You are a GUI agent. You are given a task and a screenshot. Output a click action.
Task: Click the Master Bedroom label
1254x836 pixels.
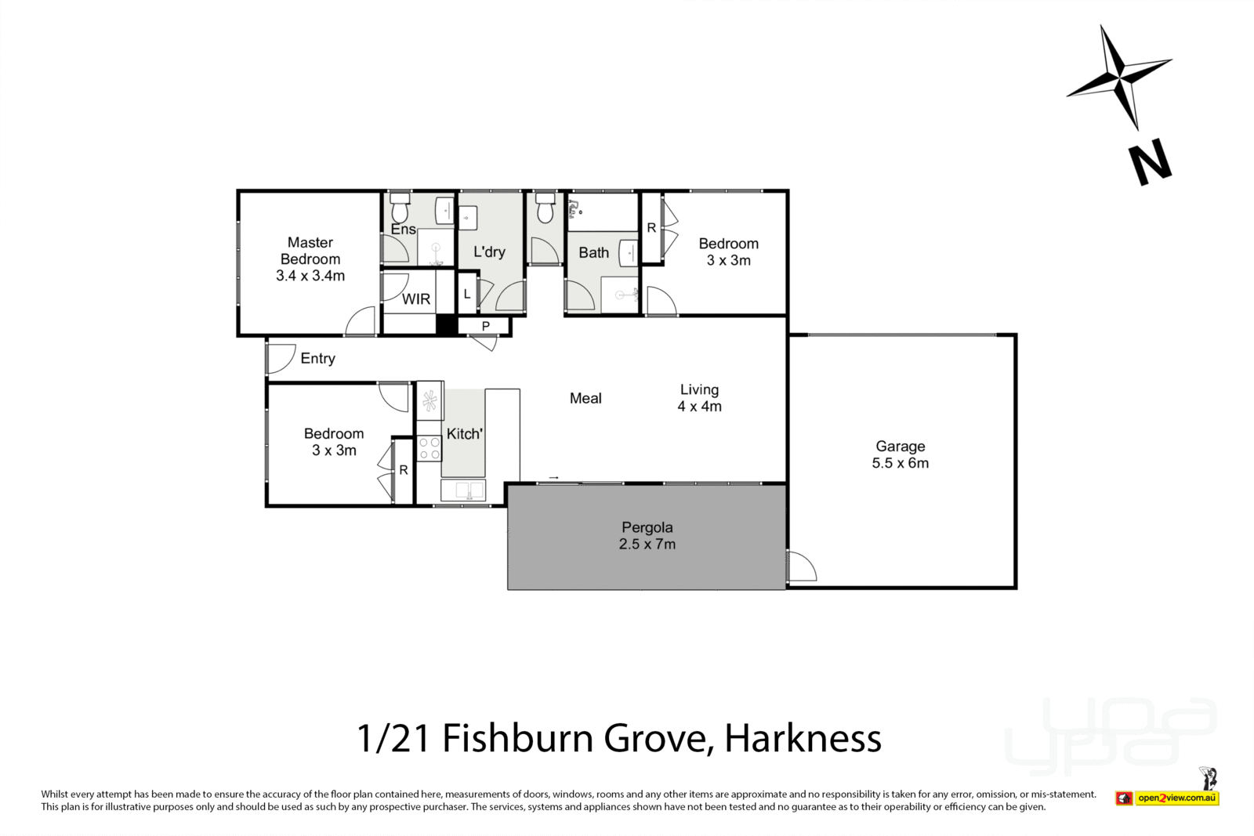coord(310,252)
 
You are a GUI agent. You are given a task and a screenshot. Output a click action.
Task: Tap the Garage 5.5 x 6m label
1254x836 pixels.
coord(900,454)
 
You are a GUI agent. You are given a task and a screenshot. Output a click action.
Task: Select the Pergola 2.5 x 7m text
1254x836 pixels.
coord(647,536)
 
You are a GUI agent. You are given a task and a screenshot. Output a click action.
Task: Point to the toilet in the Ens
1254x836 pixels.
coord(400,209)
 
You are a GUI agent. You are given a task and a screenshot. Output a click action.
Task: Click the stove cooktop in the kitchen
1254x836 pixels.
coord(429,448)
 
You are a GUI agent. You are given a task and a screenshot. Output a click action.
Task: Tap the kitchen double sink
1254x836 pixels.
coord(463,490)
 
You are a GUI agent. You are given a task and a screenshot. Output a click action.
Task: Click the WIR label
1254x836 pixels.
coord(416,299)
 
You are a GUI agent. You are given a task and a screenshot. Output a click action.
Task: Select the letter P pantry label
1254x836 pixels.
coord(485,326)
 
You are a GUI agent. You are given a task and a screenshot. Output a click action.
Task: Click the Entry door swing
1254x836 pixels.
coord(277,359)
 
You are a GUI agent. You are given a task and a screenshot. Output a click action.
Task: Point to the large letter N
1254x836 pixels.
coord(1150,162)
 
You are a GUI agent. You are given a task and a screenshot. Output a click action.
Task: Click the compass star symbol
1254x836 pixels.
coord(1119,77)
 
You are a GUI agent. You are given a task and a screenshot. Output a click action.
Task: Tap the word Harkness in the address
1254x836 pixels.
coord(803,738)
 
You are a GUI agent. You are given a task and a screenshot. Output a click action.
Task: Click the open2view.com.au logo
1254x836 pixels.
coord(1176,798)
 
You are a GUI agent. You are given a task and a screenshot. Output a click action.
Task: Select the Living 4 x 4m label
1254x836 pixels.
coord(699,398)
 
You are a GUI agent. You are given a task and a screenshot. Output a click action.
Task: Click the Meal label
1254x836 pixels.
coord(585,399)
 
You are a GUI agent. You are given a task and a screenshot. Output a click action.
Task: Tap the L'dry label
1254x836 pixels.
coord(489,252)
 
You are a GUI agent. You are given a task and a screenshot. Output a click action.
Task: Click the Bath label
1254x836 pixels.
coord(593,252)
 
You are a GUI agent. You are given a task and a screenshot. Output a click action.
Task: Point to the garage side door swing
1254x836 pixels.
coord(802,566)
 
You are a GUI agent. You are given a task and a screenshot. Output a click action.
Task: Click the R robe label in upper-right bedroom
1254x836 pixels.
coord(651,229)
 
